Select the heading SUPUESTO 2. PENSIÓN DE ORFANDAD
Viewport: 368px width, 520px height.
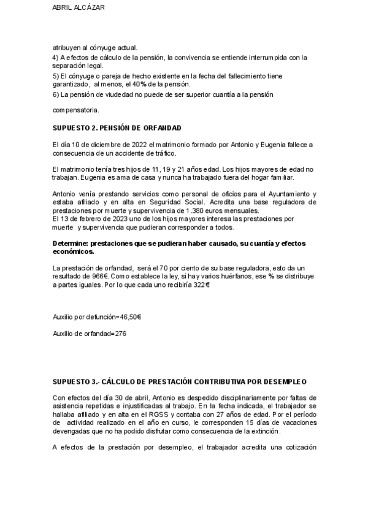[x=117, y=128]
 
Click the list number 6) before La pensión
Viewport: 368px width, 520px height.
[x=55, y=95]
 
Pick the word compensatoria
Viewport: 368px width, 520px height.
[x=76, y=111]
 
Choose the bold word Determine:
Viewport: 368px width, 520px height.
[x=71, y=243]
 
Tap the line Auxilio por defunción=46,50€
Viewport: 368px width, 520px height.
[x=98, y=316]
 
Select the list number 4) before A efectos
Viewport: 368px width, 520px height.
[x=55, y=57]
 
